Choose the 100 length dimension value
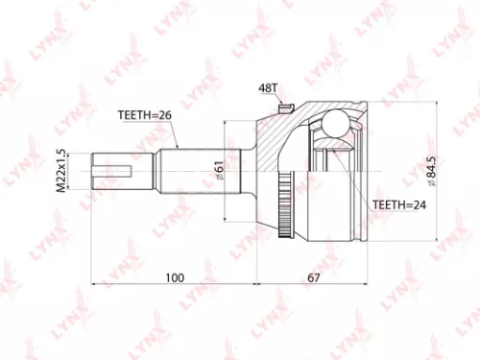pos(173,277)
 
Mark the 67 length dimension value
pos(314,277)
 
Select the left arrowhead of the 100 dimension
pos(95,285)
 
